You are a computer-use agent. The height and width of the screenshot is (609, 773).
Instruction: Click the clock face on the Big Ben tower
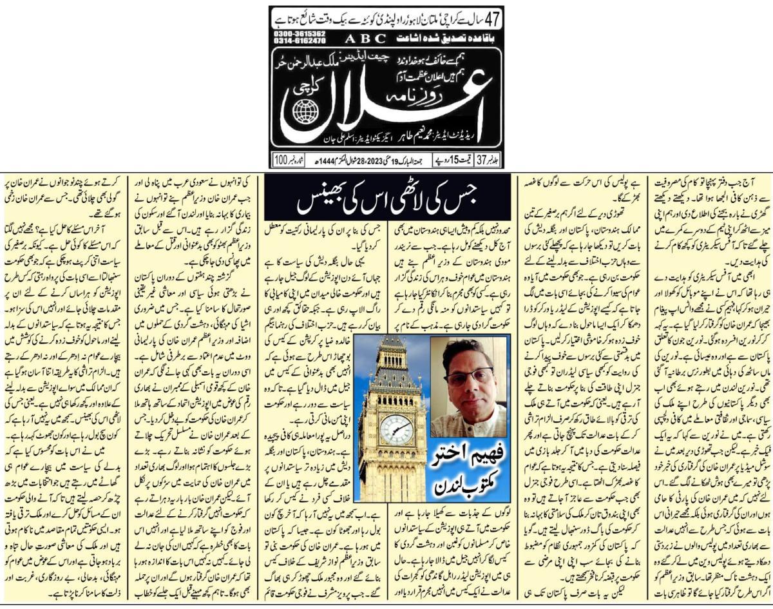[396, 429]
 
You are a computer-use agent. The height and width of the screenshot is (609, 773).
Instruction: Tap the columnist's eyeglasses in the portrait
[468, 376]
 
